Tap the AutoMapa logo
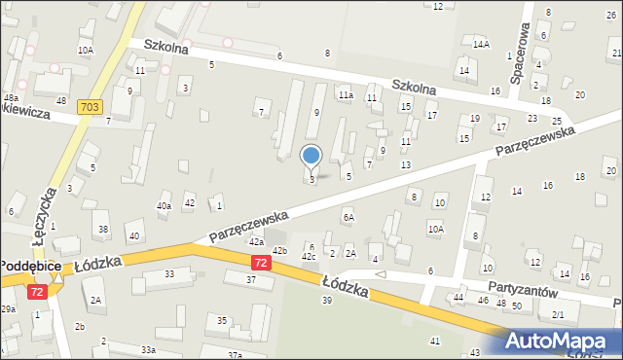(562, 341)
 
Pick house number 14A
(481, 45)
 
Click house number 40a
(164, 206)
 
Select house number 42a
(256, 241)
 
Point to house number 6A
(348, 217)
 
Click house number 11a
(345, 95)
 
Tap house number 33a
(147, 349)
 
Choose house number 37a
(235, 355)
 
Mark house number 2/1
(558, 315)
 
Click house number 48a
(11, 98)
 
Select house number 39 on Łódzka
(327, 300)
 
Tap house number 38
(103, 229)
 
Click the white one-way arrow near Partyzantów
(381, 275)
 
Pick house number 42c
(308, 256)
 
